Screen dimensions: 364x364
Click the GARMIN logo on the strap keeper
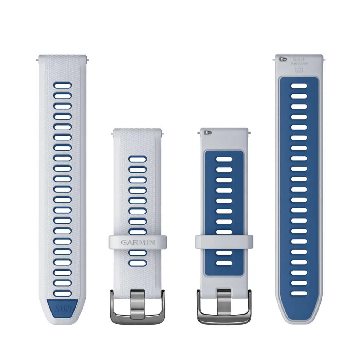pyautogui.click(x=138, y=242)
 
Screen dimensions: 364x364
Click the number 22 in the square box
pyautogui.click(x=299, y=70)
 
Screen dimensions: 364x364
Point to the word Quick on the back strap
pyautogui.click(x=299, y=59)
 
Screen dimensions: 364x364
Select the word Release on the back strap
pyautogui.click(x=299, y=63)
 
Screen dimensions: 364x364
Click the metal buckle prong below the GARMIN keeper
pyautogui.click(x=138, y=305)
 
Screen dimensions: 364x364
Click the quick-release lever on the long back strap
pyautogui.click(x=283, y=59)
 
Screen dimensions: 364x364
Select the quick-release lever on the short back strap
pyautogui.click(x=208, y=133)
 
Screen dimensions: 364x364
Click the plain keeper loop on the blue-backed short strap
pyautogui.click(x=224, y=242)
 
